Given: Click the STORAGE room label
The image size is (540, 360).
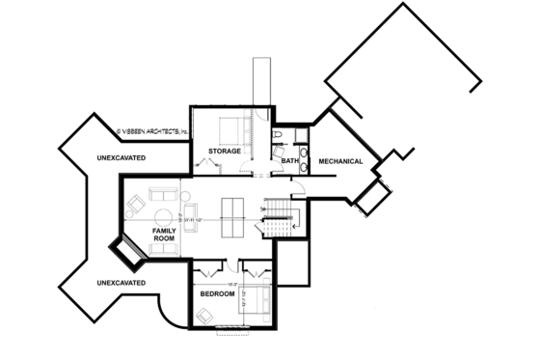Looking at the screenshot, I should click(224, 152).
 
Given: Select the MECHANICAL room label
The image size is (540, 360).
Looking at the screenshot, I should click(340, 161).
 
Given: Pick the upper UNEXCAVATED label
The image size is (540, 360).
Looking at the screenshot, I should click(121, 156).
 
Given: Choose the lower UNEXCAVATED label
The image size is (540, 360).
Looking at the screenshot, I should click(121, 282).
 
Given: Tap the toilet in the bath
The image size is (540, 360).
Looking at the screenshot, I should click(277, 135).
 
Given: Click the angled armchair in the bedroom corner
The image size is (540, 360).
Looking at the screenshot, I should click(206, 315).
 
